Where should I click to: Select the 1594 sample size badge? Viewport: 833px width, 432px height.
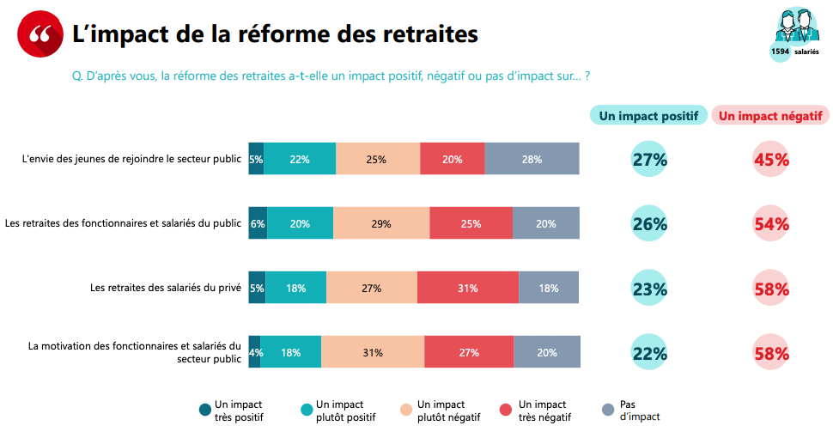point(780,52)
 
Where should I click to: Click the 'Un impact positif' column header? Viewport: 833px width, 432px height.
point(648,116)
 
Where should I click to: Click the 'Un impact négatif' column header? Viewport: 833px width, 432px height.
point(769,116)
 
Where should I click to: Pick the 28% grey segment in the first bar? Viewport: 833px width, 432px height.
point(532,159)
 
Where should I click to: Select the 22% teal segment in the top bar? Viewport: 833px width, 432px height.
point(300,159)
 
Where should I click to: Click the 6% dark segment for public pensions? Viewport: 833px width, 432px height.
point(258,223)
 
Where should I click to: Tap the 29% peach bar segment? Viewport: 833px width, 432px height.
point(381,223)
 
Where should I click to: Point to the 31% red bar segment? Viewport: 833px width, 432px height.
point(467,288)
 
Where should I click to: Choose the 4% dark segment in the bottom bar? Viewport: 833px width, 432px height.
point(254,352)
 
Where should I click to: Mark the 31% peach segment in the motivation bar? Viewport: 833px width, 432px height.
point(373,352)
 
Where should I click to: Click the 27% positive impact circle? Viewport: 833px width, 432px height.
point(649,159)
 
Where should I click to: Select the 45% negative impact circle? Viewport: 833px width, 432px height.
point(770,159)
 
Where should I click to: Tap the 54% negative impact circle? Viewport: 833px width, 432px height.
point(770,223)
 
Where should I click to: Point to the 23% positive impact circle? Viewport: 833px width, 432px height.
point(649,289)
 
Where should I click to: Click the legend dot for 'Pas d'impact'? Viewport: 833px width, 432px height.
point(608,411)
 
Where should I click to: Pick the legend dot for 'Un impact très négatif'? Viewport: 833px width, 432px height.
point(505,411)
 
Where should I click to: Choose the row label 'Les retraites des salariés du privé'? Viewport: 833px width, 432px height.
point(166,288)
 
